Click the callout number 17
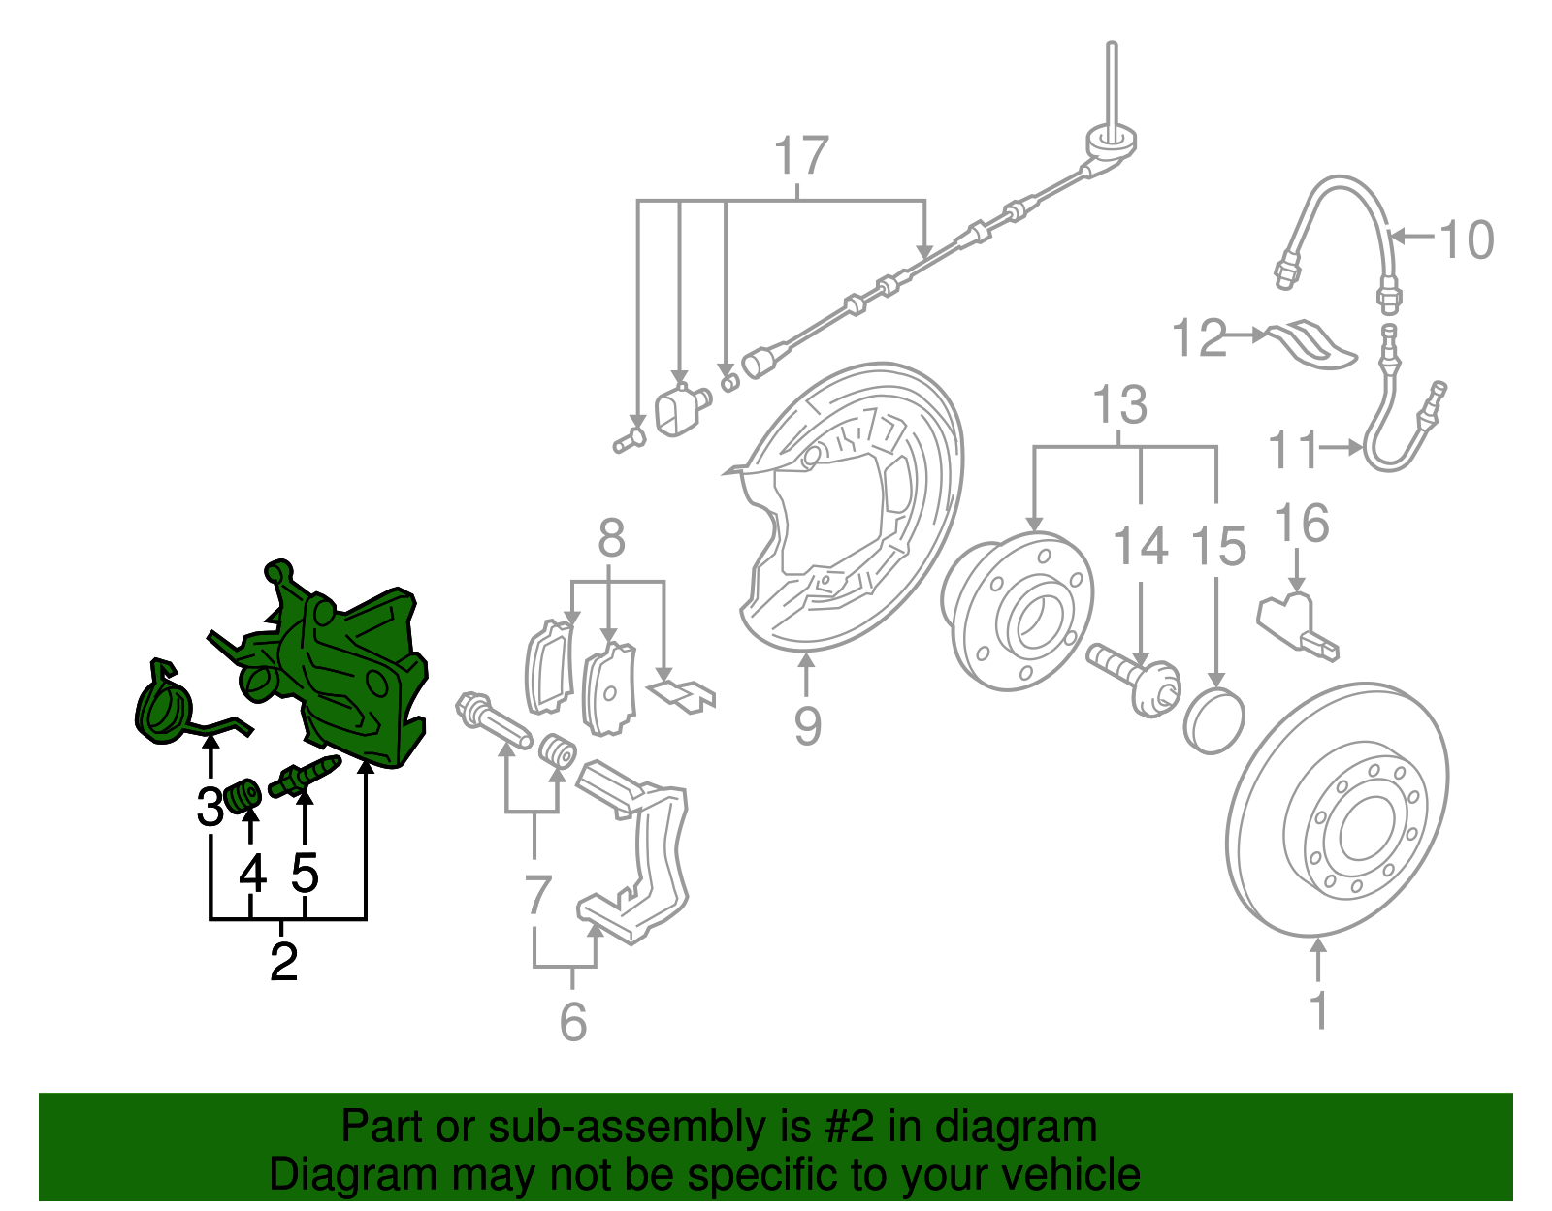coord(801,156)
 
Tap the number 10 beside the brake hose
coord(1466,239)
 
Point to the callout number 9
coord(807,725)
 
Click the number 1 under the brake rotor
coord(1318,1009)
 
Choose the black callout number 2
coord(283,962)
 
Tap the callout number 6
coord(573,1021)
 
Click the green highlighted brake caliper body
coord(349,669)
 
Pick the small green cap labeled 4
coord(242,796)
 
